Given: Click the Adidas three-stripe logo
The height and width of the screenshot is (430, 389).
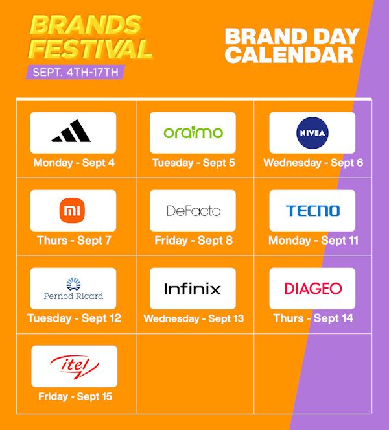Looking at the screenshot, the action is click(x=71, y=132).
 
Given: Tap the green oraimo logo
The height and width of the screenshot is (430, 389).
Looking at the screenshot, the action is click(x=193, y=132).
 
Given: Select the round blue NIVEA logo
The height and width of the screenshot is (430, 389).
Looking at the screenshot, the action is click(x=312, y=133).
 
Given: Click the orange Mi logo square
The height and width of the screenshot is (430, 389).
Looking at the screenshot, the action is click(x=72, y=210).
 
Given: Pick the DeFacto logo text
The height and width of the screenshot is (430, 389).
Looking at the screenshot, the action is click(x=194, y=211).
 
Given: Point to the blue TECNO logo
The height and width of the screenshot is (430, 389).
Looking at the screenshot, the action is click(x=312, y=211).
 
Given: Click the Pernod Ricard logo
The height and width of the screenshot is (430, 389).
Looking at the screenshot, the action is click(x=73, y=289).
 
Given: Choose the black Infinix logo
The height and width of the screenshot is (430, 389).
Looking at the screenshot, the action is click(x=193, y=289).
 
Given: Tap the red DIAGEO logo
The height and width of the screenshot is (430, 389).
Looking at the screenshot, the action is click(x=313, y=289).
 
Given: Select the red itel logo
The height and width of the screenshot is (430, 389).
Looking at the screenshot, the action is click(x=75, y=367).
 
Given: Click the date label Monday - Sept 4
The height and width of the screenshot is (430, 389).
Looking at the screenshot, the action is click(x=74, y=163).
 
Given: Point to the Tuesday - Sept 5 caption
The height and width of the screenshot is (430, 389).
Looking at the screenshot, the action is click(x=194, y=163).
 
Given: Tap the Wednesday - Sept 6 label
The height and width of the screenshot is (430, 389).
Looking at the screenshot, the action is click(x=313, y=163).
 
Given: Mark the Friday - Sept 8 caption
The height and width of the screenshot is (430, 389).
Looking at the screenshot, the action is click(x=194, y=241).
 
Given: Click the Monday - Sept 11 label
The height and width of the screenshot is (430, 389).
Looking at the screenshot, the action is click(x=313, y=241).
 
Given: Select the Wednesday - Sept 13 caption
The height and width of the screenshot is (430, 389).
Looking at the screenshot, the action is click(x=194, y=318).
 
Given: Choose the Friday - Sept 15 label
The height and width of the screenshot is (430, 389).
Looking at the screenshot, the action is click(x=75, y=396).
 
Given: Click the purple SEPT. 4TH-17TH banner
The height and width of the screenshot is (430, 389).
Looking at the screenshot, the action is click(x=75, y=72).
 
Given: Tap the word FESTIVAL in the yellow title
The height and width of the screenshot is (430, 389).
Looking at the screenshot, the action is click(x=90, y=49).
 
